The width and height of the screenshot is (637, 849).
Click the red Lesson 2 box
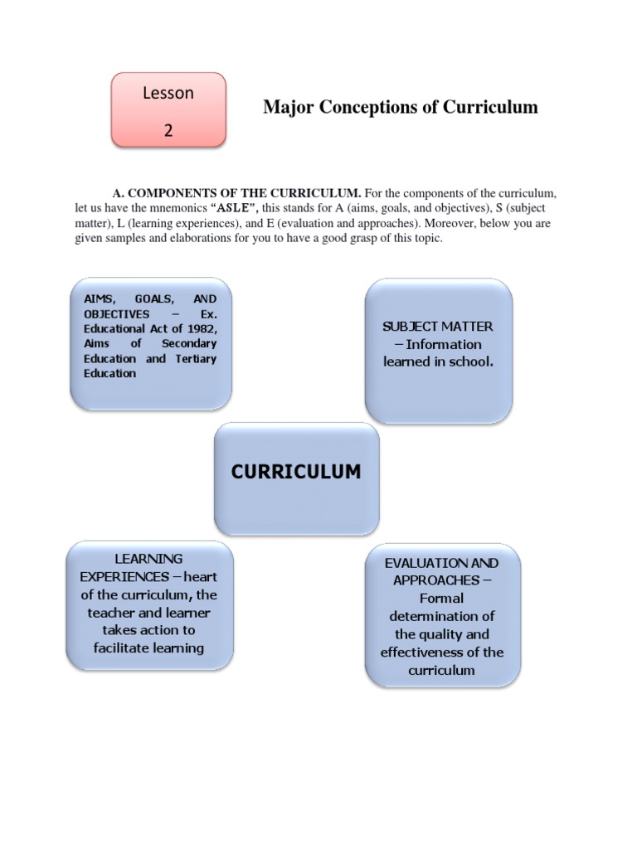point(169,110)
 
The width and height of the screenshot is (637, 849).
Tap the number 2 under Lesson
point(168,130)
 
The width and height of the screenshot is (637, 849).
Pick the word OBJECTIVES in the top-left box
point(116,314)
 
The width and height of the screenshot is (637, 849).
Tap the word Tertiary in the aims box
point(196,359)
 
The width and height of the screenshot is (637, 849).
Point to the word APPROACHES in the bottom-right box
point(435,580)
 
